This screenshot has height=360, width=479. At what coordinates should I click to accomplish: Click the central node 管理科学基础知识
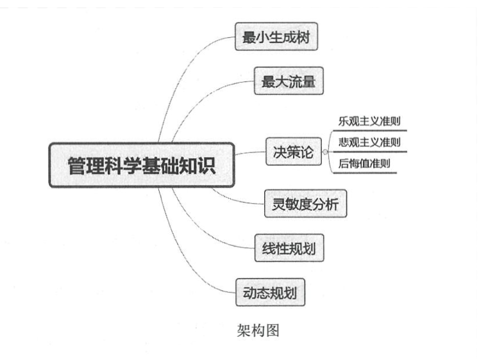(x=142, y=165)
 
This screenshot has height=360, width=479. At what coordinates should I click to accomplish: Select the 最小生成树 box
(x=276, y=37)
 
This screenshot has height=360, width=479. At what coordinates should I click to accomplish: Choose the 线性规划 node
(x=289, y=249)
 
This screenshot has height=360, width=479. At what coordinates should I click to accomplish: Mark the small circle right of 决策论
(x=325, y=152)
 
